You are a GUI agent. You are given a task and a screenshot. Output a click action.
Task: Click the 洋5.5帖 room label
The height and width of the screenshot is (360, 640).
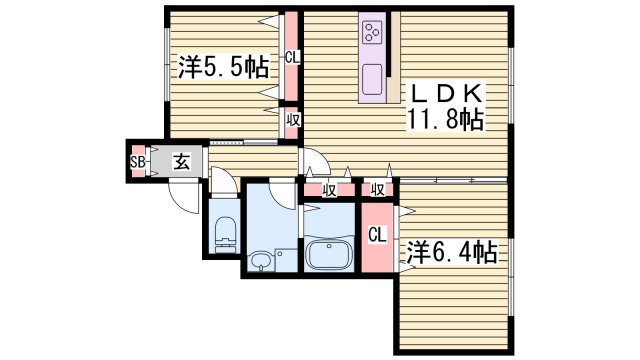click(223, 68)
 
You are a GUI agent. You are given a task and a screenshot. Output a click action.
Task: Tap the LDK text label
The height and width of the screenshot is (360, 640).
click(445, 95)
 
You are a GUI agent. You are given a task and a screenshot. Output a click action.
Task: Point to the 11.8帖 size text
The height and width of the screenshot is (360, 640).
click(445, 122)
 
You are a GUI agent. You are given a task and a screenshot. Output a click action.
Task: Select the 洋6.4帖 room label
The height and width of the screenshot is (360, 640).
click(451, 252)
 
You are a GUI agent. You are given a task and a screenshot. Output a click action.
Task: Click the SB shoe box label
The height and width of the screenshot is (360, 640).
click(137, 162)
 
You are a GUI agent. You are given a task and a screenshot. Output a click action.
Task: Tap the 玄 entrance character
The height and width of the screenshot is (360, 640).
click(180, 161)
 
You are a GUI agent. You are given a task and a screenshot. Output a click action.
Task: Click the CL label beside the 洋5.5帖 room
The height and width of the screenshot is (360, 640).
click(291, 58)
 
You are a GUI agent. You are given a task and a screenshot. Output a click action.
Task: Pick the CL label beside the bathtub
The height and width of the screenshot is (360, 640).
click(376, 236)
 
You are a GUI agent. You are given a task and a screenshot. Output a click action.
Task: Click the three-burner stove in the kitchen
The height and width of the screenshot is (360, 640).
click(374, 31)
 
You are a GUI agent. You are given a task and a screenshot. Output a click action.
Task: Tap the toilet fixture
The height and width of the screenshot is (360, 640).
click(224, 232)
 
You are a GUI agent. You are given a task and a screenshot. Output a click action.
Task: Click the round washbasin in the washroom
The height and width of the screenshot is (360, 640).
click(261, 262)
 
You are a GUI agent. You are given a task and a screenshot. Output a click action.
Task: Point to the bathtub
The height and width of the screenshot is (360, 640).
click(329, 254)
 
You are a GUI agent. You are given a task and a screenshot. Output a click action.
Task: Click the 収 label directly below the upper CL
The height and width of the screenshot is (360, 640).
click(291, 121)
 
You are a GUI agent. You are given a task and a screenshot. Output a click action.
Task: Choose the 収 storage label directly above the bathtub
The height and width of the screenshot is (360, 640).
click(328, 189)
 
